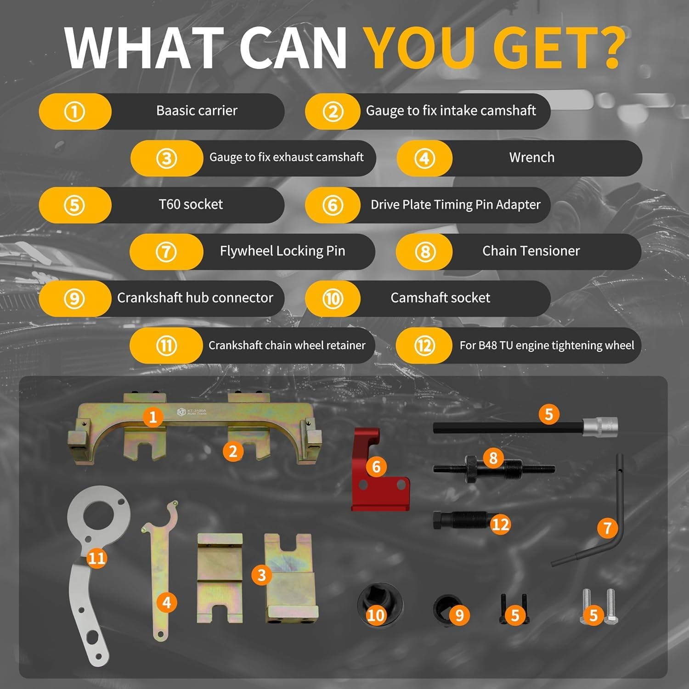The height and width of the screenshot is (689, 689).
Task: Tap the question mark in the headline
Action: click(x=609, y=48)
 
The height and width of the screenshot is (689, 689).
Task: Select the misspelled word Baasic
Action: click(x=174, y=111)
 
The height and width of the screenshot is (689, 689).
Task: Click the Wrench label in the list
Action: click(x=531, y=158)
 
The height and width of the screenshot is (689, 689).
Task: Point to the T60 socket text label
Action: click(x=191, y=204)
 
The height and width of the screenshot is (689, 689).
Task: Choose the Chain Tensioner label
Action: click(x=531, y=251)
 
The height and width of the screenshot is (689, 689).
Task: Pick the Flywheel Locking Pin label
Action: click(x=282, y=251)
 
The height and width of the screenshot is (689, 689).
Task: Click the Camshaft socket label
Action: click(x=440, y=298)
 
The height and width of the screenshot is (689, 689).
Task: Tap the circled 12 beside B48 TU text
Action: click(x=424, y=345)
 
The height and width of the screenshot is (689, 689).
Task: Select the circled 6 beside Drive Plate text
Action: click(x=333, y=205)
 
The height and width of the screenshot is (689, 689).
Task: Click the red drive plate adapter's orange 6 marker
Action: click(x=376, y=467)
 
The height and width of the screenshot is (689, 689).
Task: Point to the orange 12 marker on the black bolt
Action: click(x=500, y=524)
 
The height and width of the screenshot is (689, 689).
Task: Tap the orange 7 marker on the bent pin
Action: click(x=607, y=528)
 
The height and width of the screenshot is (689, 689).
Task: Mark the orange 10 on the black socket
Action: click(x=376, y=615)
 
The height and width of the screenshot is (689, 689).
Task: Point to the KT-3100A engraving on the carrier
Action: click(x=192, y=412)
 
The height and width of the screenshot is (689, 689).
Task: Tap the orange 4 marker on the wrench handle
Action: click(x=167, y=602)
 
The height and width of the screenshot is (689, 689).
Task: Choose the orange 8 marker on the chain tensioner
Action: click(x=493, y=458)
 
